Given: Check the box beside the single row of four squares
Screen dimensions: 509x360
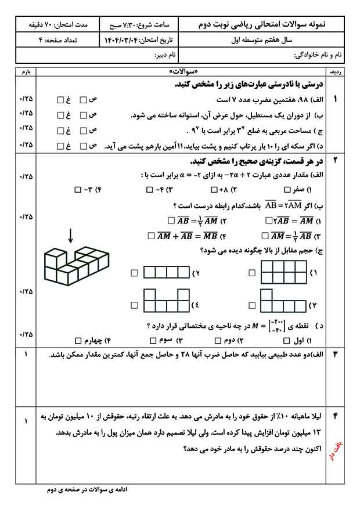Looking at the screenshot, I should (x=135, y=273).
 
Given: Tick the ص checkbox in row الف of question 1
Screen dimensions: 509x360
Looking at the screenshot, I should (x=83, y=100).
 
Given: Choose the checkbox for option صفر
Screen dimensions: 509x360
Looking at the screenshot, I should (x=287, y=190).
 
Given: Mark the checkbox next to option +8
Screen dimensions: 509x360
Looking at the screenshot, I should (x=214, y=190).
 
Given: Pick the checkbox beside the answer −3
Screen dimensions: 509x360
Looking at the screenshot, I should (x=78, y=190).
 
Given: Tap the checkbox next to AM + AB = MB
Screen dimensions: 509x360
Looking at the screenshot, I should (x=151, y=236).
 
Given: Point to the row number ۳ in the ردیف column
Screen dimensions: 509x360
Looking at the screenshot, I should (x=335, y=355).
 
